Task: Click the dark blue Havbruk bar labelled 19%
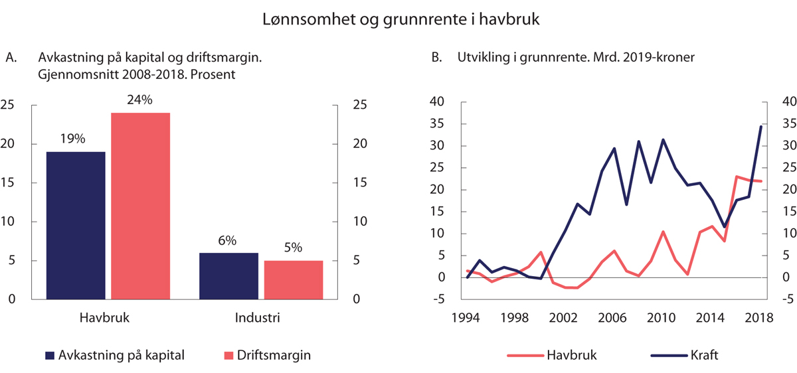[x=75, y=225]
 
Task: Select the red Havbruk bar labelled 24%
[x=140, y=206]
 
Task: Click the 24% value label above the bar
[x=140, y=100]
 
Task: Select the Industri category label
[x=258, y=318]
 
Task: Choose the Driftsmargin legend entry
[x=266, y=355]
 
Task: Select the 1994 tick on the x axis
[x=468, y=318]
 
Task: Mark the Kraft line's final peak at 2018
[x=760, y=126]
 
